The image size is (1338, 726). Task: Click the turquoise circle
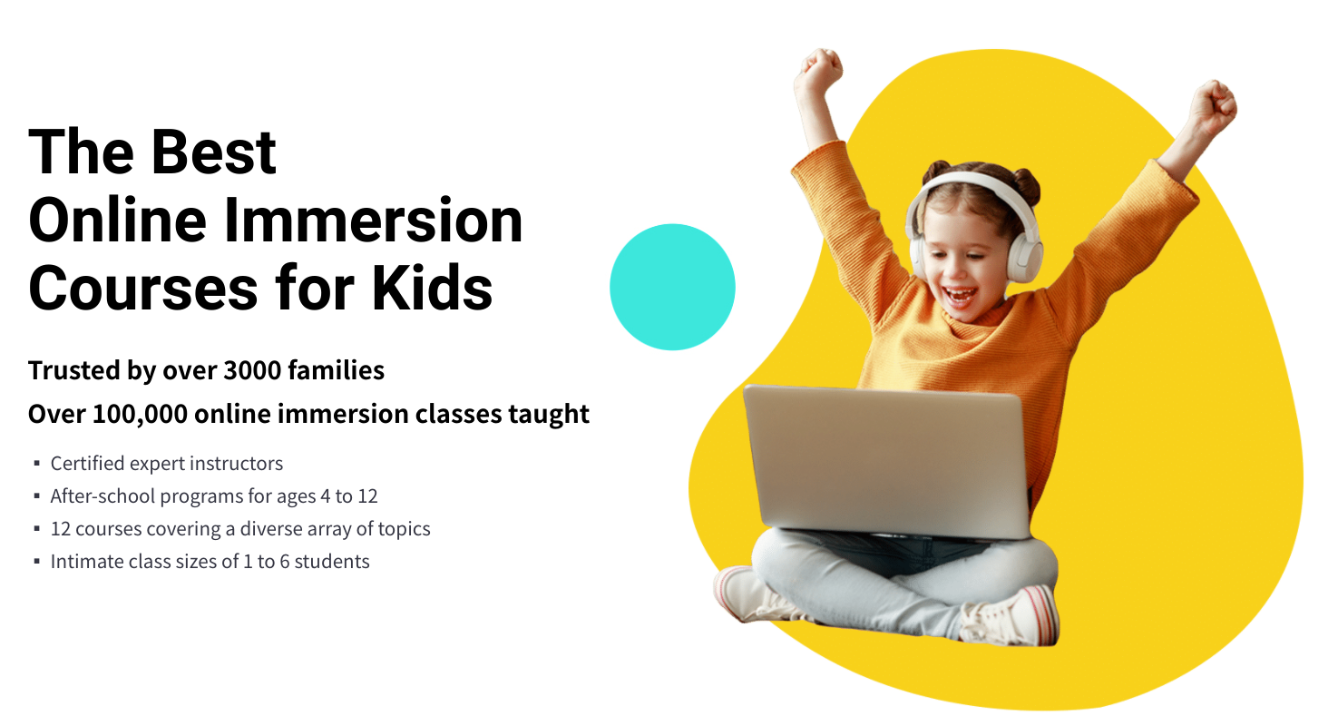click(672, 287)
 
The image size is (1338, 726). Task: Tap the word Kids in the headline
click(432, 288)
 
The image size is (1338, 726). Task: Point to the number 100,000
click(141, 414)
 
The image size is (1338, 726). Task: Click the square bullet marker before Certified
click(37, 463)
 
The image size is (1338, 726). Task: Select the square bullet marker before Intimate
click(37, 562)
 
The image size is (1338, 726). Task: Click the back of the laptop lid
click(887, 461)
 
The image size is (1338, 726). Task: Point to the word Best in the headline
click(214, 152)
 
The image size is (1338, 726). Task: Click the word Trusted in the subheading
click(74, 370)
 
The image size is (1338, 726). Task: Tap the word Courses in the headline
click(142, 288)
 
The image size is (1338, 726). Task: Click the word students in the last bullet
click(332, 562)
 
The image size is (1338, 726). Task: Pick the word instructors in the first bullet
click(236, 463)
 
